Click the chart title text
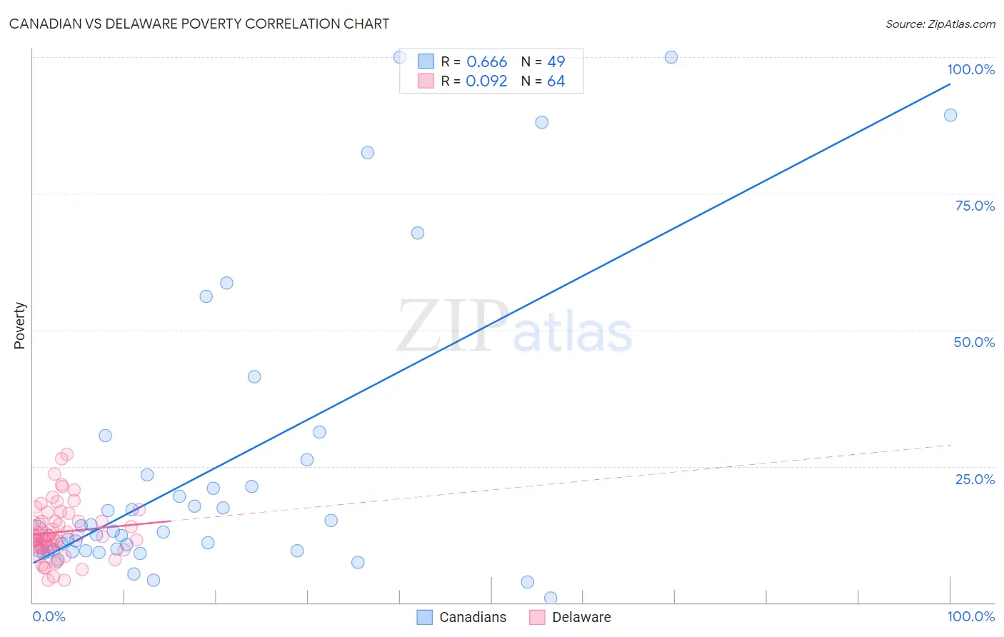point(199,24)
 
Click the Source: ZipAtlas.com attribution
point(940,24)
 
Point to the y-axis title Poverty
point(19,326)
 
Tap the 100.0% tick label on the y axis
point(970,69)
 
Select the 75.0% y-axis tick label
point(975,206)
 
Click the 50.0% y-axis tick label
point(974,342)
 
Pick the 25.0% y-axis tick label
point(975,479)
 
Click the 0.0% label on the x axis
point(49,616)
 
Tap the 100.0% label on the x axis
point(970,616)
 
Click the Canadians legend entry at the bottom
point(462,617)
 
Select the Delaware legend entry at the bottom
point(571,617)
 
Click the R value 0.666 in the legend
point(486,62)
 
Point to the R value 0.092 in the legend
point(486,81)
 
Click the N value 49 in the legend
point(556,62)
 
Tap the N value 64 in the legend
point(556,81)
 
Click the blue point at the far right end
point(950,115)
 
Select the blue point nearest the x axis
point(551,598)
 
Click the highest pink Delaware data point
point(66,454)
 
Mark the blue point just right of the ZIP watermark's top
point(418,233)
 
